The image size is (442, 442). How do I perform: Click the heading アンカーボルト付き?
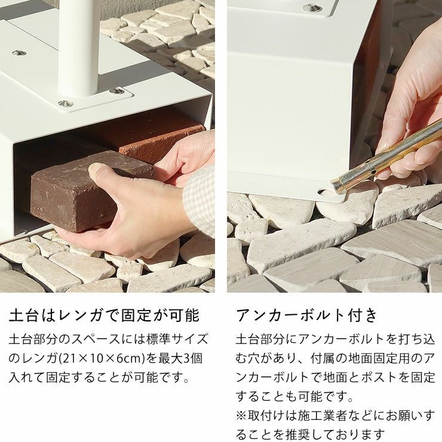307,315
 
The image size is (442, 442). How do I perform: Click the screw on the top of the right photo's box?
312,8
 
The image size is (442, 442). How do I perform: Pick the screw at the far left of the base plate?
19,53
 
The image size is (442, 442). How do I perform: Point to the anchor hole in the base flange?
326,192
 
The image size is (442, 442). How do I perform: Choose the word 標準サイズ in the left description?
179,339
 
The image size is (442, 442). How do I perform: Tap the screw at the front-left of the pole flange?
65,103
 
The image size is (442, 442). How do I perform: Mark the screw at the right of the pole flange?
116,91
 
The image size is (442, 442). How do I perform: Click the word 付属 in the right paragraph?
323,358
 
